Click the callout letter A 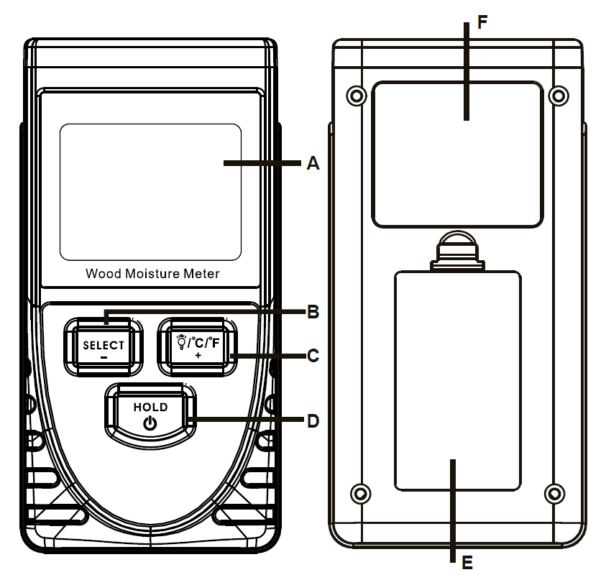[x=312, y=164]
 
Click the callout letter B [x=312, y=313]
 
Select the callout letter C [x=312, y=355]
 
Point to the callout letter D [x=312, y=420]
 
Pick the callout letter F [x=482, y=21]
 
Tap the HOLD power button [x=150, y=414]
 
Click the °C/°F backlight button [x=196, y=346]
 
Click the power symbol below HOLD [x=150, y=423]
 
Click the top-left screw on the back [x=353, y=94]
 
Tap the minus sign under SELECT [x=104, y=356]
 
